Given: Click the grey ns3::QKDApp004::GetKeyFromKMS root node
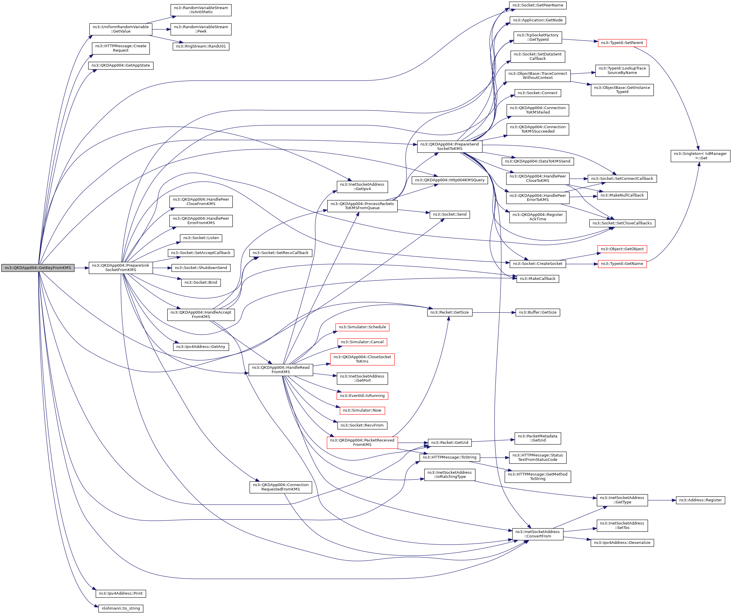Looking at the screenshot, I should tap(38, 268).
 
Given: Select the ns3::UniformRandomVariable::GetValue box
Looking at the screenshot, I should tap(121, 29).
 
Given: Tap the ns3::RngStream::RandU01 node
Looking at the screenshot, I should tap(201, 46).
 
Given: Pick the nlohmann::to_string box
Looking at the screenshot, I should tap(121, 608).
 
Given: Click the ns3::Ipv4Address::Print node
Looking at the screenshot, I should tap(121, 593).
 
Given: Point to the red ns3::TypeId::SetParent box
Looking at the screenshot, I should tap(622, 43).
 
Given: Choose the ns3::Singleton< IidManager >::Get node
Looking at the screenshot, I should tap(700, 156).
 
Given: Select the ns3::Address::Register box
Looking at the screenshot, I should tap(700, 500).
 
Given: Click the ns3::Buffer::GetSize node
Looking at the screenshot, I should tap(537, 313).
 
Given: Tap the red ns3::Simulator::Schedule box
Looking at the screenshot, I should tap(362, 327).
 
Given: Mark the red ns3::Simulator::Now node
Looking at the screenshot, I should tap(362, 410).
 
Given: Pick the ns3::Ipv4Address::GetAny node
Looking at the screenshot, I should tap(201, 347).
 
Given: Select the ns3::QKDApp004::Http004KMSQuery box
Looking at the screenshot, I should tap(450, 180).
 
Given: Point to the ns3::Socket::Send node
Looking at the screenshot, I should tap(450, 215).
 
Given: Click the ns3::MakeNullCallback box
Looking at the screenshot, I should tap(622, 195).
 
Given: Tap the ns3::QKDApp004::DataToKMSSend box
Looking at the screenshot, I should tap(537, 161).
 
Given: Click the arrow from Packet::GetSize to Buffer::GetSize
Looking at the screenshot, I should tap(493, 313).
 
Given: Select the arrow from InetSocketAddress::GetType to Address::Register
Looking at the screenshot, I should tap(662, 500).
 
